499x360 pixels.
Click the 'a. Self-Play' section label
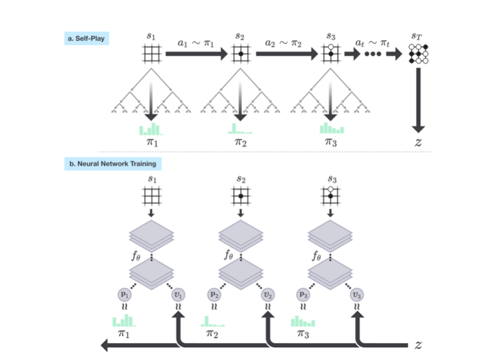tap(88, 39)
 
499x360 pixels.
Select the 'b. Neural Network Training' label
tap(112, 164)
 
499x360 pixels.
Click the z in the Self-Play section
tap(418, 142)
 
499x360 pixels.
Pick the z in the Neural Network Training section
tap(418, 345)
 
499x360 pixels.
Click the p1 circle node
tap(124, 294)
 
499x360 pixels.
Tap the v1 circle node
tap(177, 294)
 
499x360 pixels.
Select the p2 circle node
tap(214, 294)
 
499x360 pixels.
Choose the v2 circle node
tap(267, 294)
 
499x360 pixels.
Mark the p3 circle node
tap(303, 294)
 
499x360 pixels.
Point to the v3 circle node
tap(356, 294)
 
